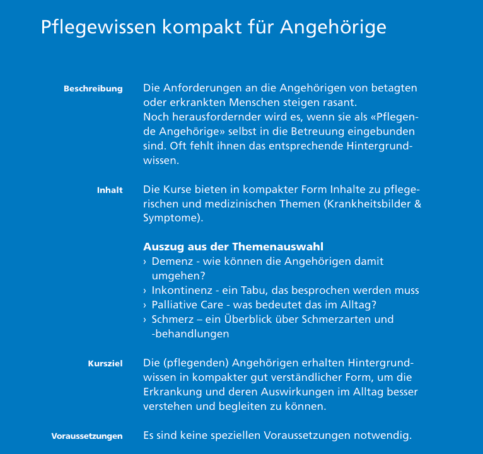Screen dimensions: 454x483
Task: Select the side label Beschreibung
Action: pos(93,89)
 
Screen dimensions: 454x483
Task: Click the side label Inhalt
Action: pos(110,190)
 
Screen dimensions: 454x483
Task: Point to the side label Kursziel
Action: pos(105,364)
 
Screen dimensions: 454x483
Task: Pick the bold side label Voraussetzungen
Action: pos(87,436)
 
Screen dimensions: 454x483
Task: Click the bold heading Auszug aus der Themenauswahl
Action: pos(233,247)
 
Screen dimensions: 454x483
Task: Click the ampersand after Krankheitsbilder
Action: pos(417,204)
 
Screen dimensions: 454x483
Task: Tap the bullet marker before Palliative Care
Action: pos(145,305)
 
